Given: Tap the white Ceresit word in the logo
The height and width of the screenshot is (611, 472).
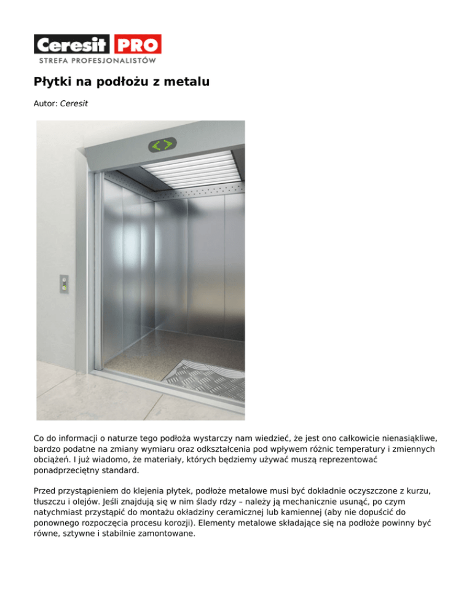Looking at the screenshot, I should pos(72,44).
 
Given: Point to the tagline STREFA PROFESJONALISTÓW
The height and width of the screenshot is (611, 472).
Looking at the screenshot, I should pos(97,61).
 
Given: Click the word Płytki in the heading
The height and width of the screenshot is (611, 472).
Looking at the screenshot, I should pos(53,82).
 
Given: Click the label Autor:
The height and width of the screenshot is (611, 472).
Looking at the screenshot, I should pos(45,104).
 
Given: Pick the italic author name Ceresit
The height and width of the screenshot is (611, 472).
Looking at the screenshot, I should pos(74,104).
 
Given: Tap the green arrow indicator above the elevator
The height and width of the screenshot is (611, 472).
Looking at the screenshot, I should pos(162,146).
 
